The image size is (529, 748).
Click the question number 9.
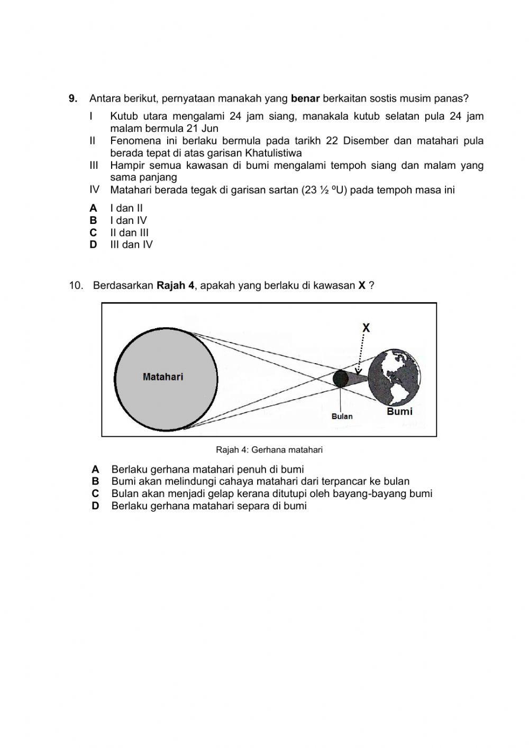coord(73,98)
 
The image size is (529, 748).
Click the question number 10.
coord(76,285)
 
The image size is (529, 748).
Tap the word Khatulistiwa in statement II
coord(273,153)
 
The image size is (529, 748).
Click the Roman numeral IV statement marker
coord(94,190)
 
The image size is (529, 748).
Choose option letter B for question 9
coord(93,220)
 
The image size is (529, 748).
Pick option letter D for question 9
coord(93,245)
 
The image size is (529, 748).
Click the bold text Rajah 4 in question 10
coord(175,285)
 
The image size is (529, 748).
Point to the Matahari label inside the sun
coord(163,377)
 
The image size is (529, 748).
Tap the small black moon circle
coord(341,378)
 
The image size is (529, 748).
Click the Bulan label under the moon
coord(342,416)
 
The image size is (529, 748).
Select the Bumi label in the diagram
coord(399,411)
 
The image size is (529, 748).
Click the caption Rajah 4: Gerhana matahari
coord(269,450)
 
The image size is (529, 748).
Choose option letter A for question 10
coord(95,469)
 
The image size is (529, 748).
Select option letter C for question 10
coord(95,493)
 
